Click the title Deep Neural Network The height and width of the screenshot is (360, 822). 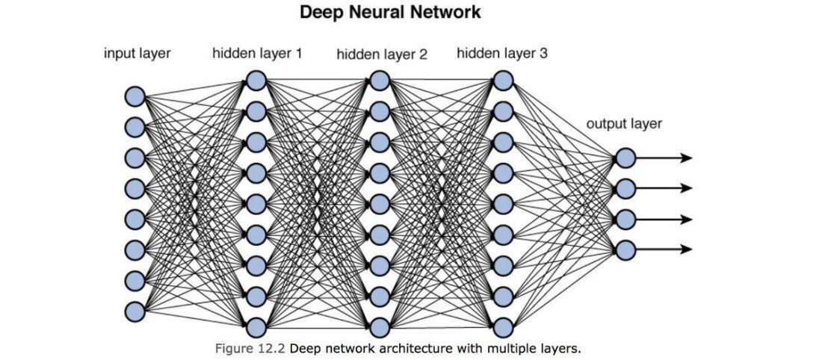pos(390,13)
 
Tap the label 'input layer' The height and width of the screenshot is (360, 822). pos(137,54)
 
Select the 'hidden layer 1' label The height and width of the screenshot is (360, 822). pos(257,54)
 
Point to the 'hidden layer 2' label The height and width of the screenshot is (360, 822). pos(382,55)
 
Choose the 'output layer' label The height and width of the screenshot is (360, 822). pos(624,124)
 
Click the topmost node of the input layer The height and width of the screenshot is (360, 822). pos(135,96)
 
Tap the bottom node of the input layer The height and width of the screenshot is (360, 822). pos(135,310)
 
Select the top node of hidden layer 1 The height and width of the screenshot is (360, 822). pos(256,80)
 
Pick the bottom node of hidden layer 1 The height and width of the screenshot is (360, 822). pos(256,327)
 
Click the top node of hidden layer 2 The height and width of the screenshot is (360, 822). pos(380,80)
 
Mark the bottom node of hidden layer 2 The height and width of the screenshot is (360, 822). pos(380,327)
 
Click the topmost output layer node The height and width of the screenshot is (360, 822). pos(625,158)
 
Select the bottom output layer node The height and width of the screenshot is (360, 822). pos(625,249)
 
